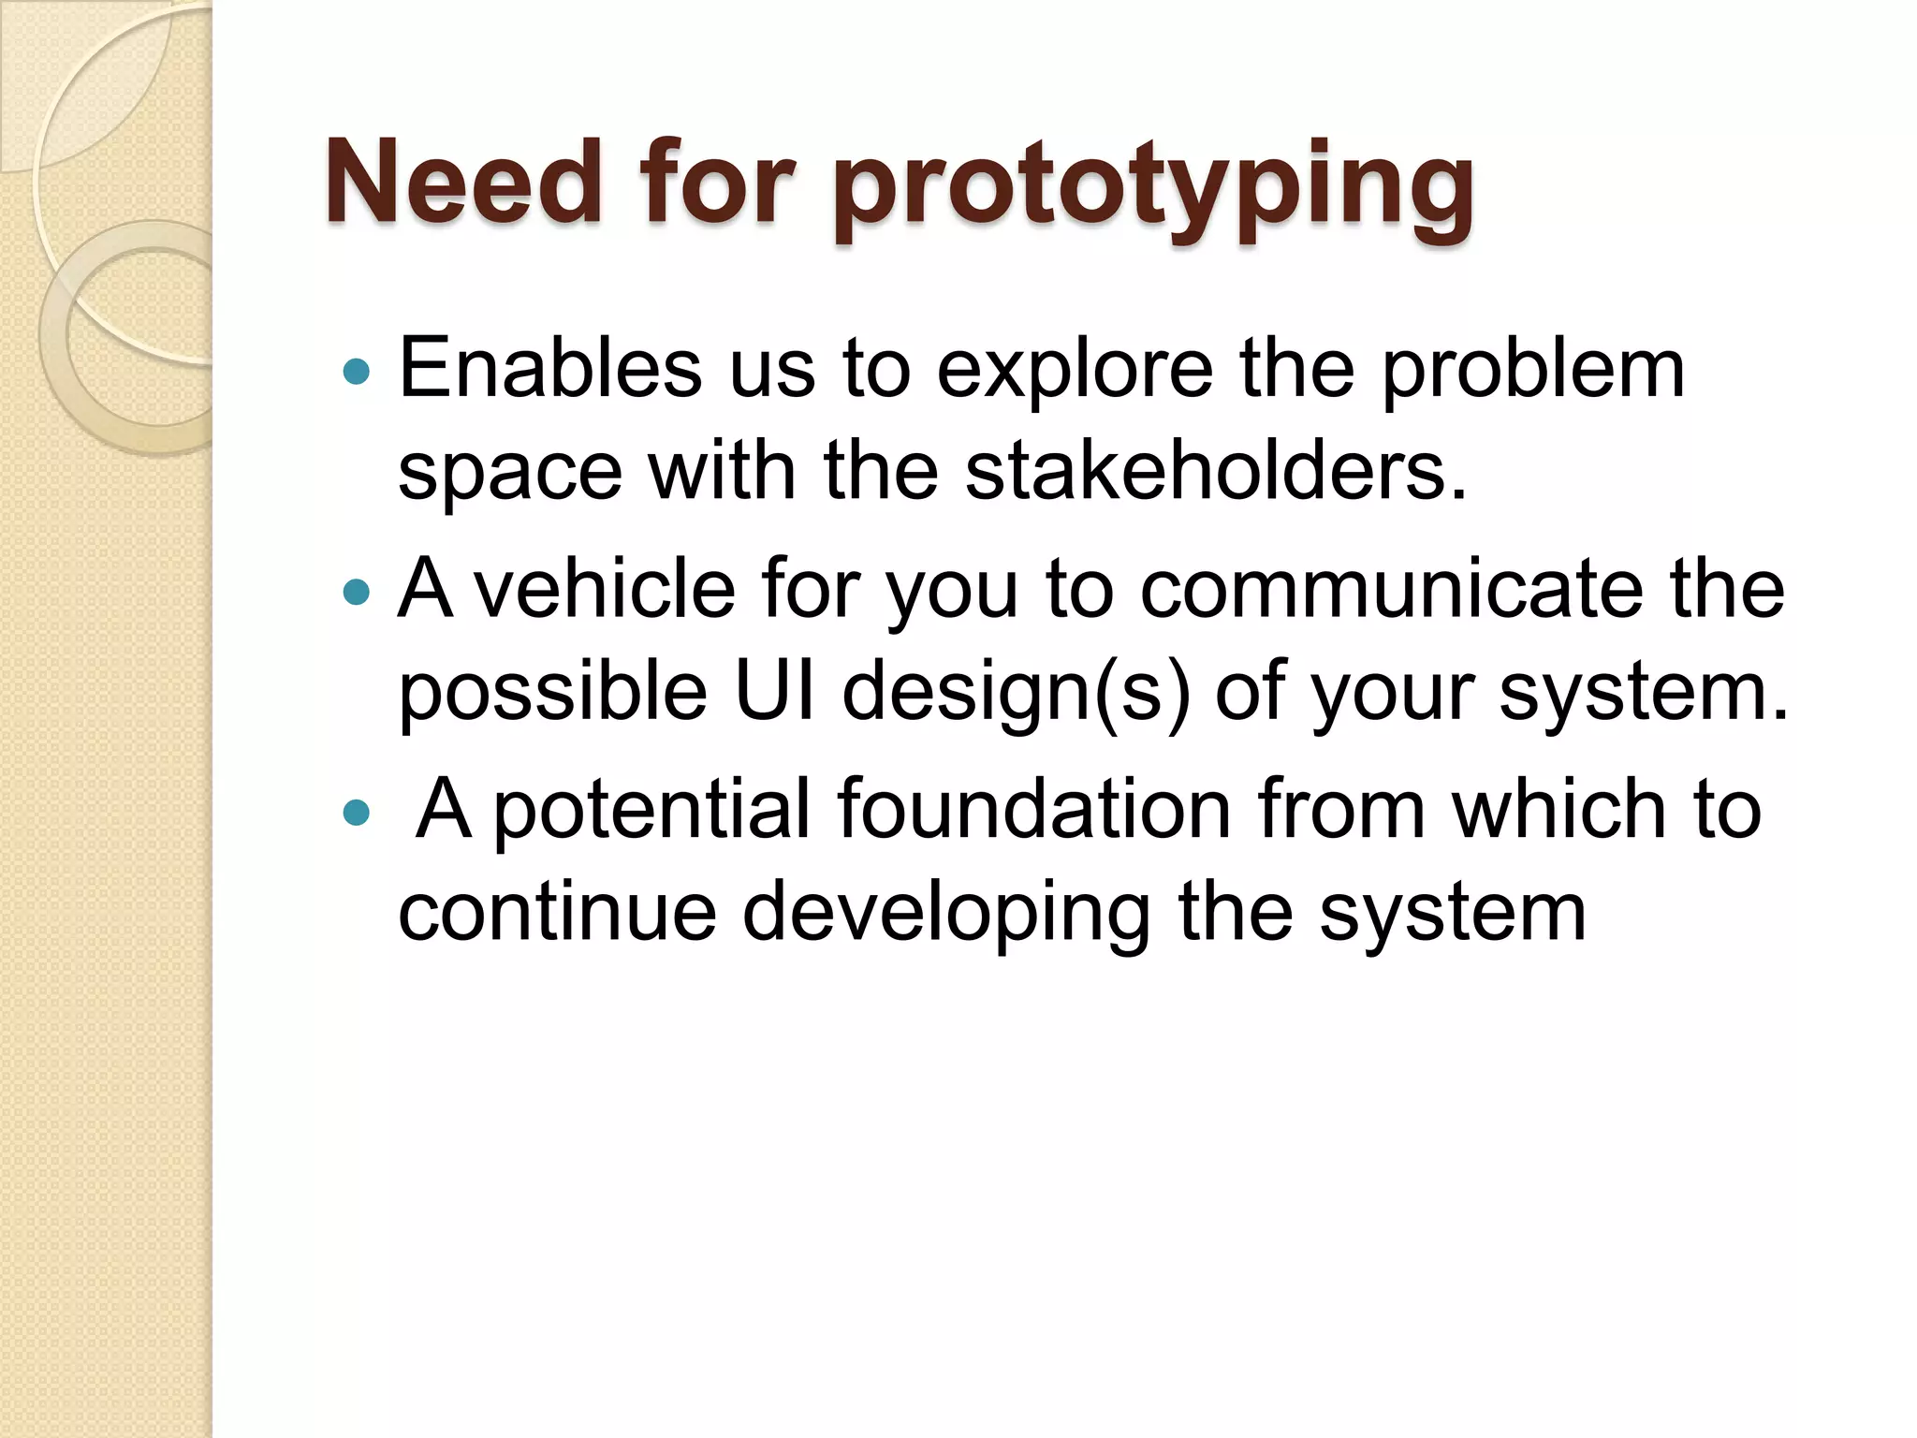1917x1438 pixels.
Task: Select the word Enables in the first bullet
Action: (x=550, y=368)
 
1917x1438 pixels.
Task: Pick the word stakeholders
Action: (x=1215, y=471)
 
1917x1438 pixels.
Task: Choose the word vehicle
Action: (x=604, y=589)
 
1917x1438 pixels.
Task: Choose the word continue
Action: (x=557, y=912)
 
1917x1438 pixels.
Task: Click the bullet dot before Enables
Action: (x=357, y=373)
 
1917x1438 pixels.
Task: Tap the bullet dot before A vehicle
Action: (x=357, y=592)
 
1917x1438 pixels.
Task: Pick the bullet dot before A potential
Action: (x=357, y=812)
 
